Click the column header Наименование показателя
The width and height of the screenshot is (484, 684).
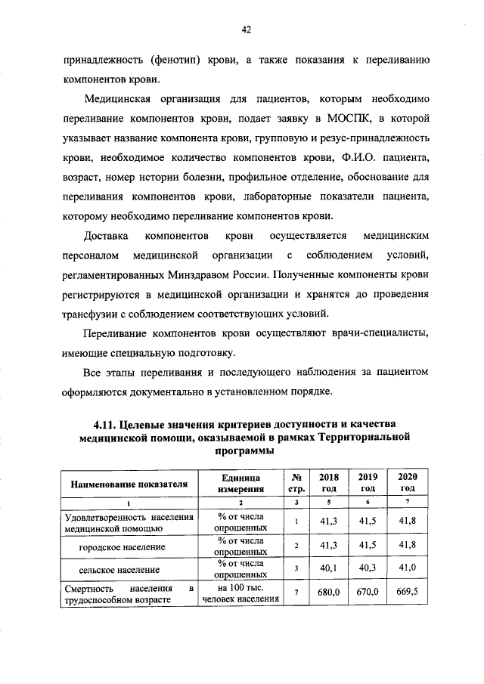[x=129, y=483]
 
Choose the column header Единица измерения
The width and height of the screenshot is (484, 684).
[x=240, y=483]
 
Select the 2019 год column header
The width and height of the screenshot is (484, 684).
[x=368, y=482]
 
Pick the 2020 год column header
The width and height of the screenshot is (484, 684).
[x=408, y=482]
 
